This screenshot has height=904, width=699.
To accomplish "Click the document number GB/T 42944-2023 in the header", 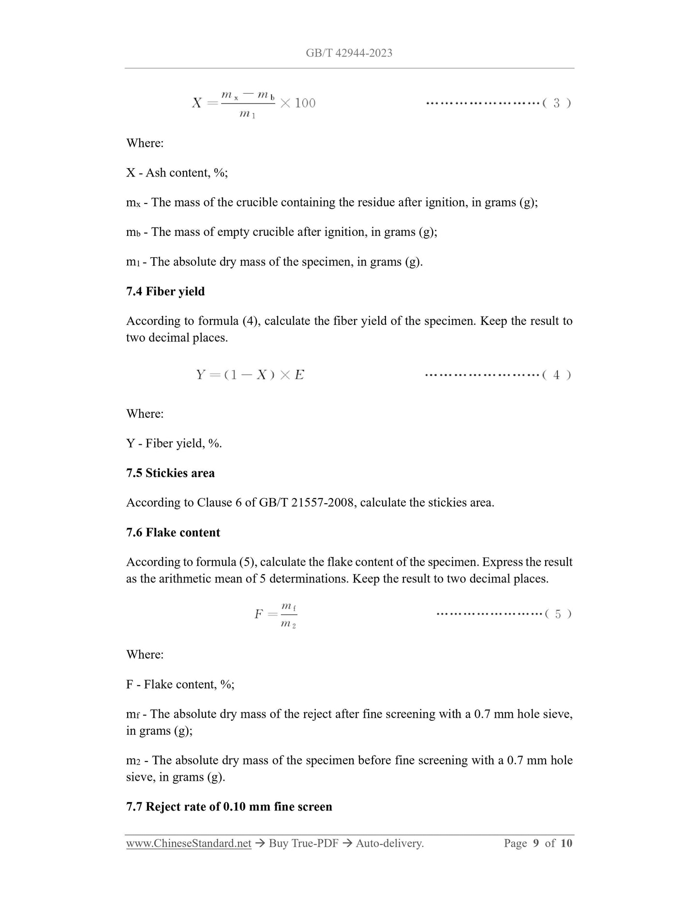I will coord(349,53).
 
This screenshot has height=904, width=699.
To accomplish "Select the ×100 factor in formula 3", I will coord(298,103).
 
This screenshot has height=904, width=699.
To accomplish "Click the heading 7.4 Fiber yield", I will coord(165,292).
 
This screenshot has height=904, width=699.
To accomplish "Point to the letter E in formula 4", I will coord(299,375).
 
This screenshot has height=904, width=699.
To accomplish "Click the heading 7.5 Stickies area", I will coord(170,473).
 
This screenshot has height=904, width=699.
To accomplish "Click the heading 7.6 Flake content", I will coord(173,532).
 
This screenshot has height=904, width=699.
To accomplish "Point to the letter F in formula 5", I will coord(259,614).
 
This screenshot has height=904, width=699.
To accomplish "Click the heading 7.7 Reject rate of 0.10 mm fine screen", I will coord(229,806).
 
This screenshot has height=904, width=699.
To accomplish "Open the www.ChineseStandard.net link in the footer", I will coord(189,844).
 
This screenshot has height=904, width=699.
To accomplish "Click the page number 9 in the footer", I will coord(536,844).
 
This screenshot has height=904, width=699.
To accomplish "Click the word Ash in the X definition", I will coord(156,173).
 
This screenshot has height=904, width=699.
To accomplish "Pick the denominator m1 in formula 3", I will coord(247,115).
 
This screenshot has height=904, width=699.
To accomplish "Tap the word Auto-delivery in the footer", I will coord(389,844).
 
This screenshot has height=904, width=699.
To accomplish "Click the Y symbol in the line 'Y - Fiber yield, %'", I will coord(131,443).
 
